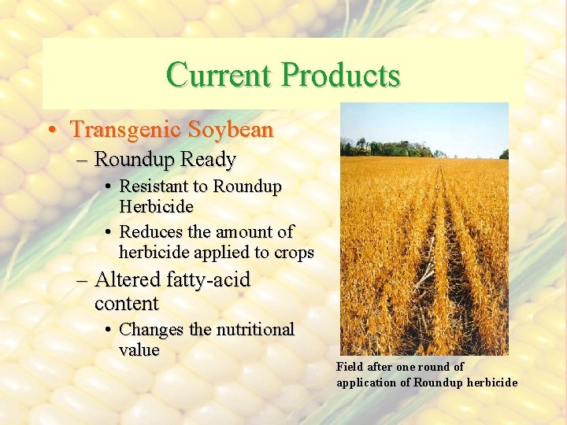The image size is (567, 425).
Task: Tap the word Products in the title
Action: pos(341,76)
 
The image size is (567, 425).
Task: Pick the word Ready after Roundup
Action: pos(208,160)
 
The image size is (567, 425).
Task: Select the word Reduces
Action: pos(150,233)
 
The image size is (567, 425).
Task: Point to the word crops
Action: pos(295,253)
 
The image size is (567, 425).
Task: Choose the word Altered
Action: pos(128,280)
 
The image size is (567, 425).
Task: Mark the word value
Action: pos(139,350)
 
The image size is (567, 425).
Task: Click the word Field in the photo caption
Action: pos(350,367)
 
